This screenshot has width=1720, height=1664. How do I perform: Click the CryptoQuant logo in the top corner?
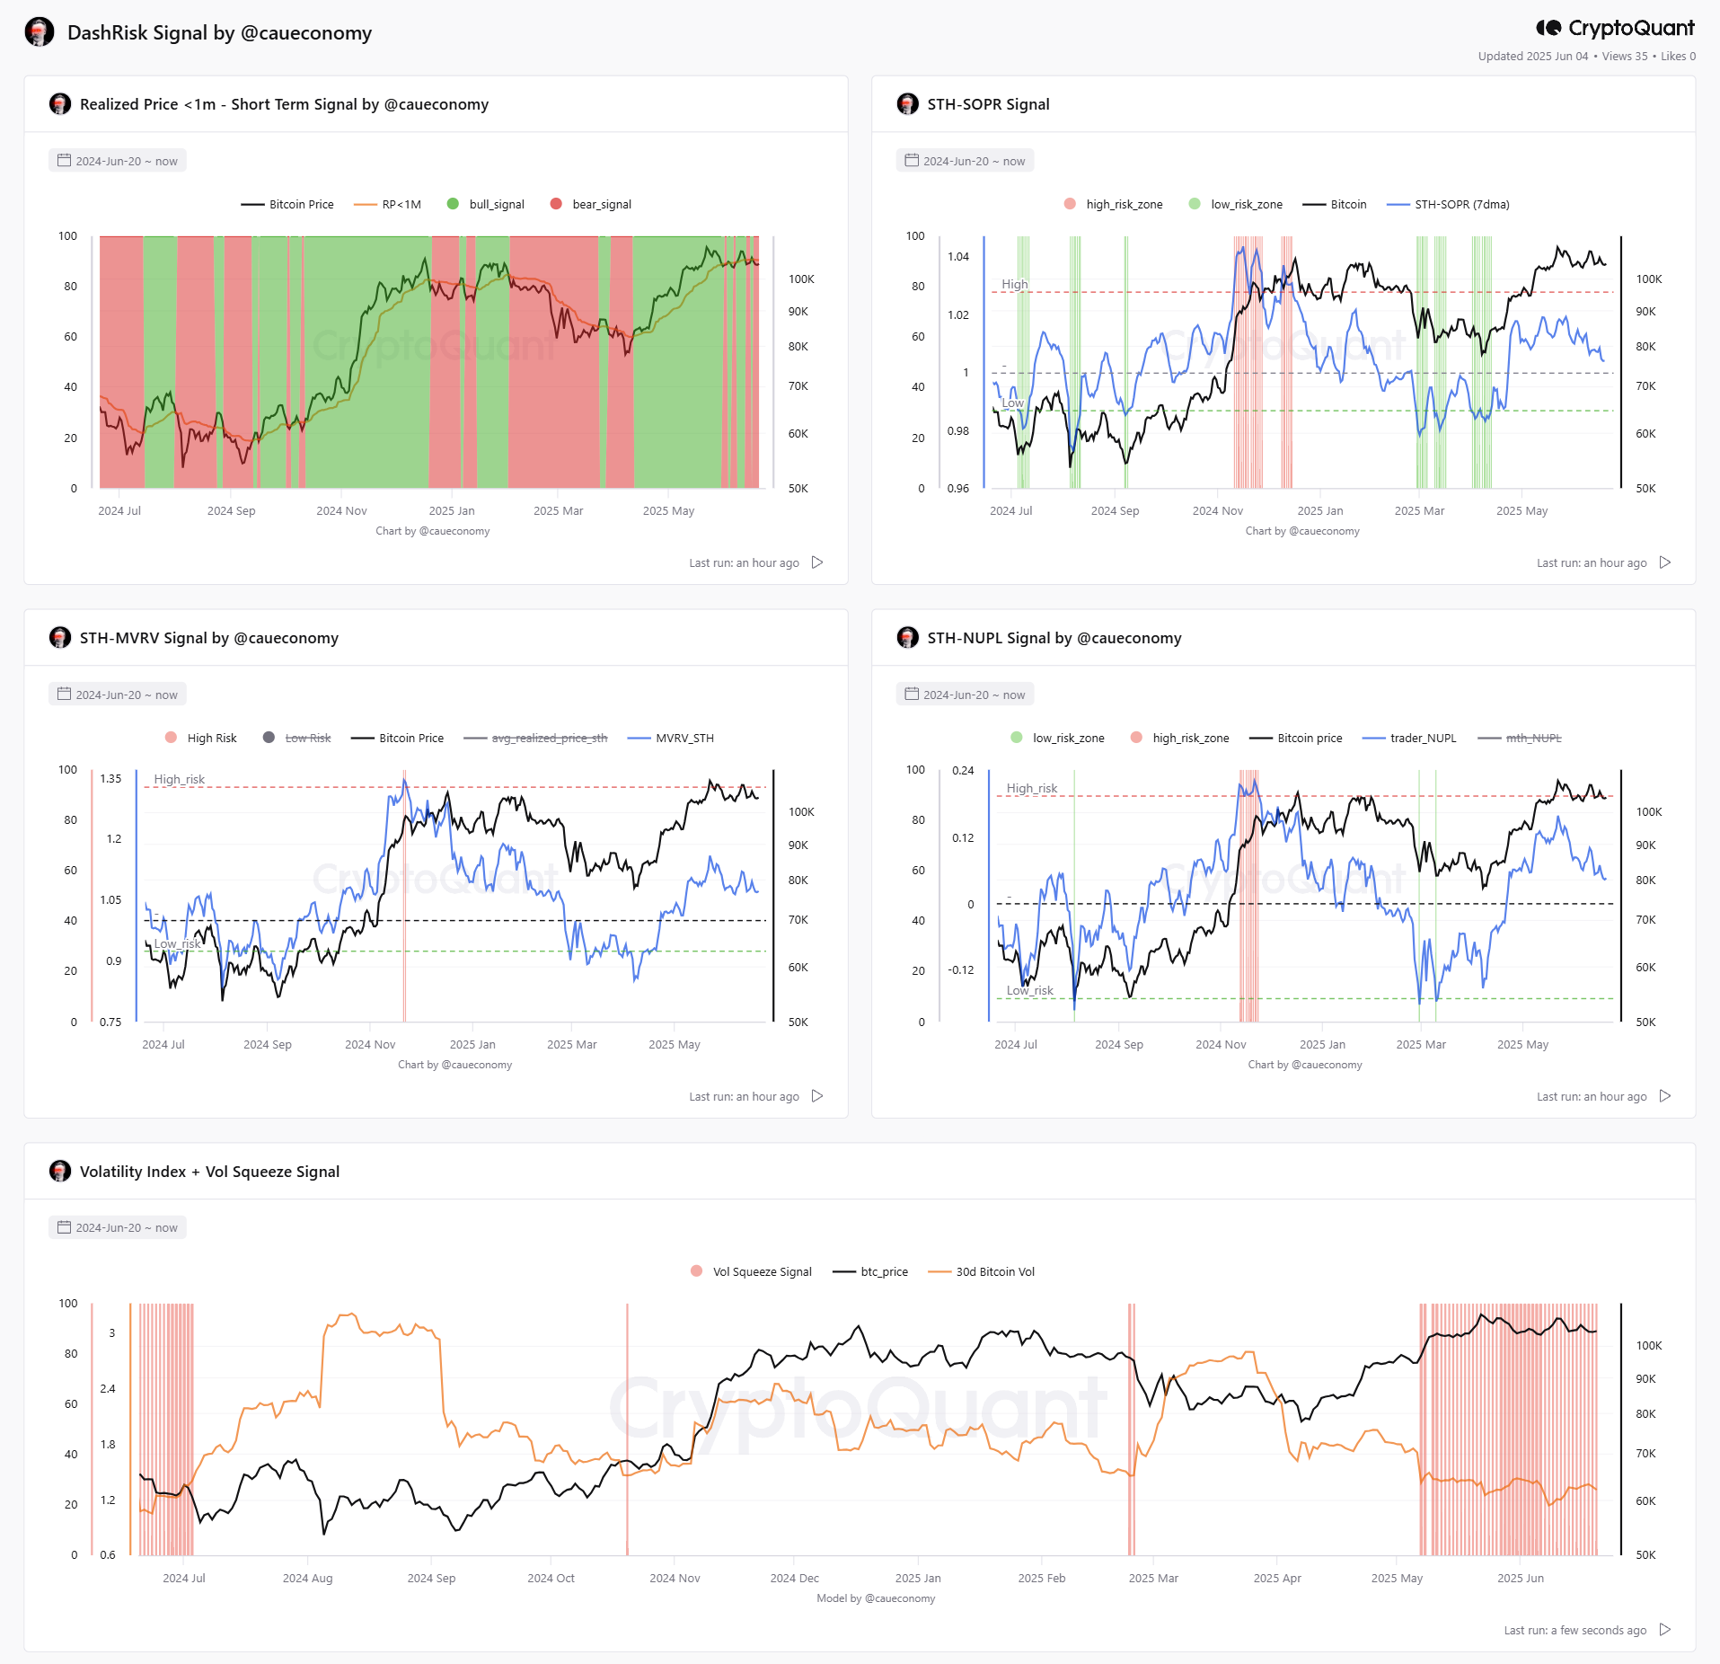click(x=1615, y=28)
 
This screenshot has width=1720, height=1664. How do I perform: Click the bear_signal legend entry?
click(x=591, y=204)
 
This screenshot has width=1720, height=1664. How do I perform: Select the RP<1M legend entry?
click(x=387, y=204)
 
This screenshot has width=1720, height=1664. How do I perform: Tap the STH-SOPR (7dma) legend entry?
click(x=1448, y=204)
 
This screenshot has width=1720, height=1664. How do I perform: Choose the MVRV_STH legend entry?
click(x=671, y=738)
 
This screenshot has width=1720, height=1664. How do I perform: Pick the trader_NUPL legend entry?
click(x=1409, y=738)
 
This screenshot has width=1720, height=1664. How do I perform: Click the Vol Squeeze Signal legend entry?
click(x=751, y=1271)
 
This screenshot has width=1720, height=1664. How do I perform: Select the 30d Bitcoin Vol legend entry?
click(x=982, y=1271)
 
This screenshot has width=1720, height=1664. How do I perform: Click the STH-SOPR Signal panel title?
click(x=988, y=104)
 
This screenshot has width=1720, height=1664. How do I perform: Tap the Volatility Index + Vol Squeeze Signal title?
click(x=209, y=1172)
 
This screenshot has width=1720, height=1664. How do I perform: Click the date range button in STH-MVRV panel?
click(x=118, y=695)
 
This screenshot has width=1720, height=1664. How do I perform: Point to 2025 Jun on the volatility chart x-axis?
click(x=1521, y=1578)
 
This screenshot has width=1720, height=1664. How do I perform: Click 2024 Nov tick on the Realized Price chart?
click(x=341, y=510)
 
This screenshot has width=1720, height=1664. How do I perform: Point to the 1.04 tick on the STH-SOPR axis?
click(x=958, y=257)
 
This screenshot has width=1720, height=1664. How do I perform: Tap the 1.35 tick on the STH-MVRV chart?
click(x=110, y=779)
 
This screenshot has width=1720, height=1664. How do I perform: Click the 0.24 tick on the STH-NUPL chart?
click(x=963, y=771)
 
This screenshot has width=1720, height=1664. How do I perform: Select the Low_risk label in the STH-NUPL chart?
click(x=1029, y=990)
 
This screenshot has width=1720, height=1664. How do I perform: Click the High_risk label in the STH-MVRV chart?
click(x=179, y=779)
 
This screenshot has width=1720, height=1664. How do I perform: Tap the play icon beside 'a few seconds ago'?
click(x=1665, y=1629)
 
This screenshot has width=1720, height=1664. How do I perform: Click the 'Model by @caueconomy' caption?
click(x=876, y=1598)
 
